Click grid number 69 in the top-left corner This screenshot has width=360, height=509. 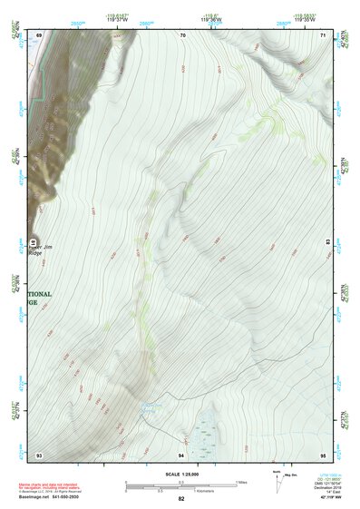39,35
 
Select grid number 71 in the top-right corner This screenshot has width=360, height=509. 323,35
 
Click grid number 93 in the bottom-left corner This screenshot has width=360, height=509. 39,454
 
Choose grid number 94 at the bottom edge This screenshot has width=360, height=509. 181,454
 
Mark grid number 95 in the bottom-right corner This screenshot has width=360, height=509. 323,454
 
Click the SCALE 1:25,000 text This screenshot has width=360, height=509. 180,475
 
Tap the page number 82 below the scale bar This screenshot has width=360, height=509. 181,499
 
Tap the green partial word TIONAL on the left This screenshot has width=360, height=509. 41,295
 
